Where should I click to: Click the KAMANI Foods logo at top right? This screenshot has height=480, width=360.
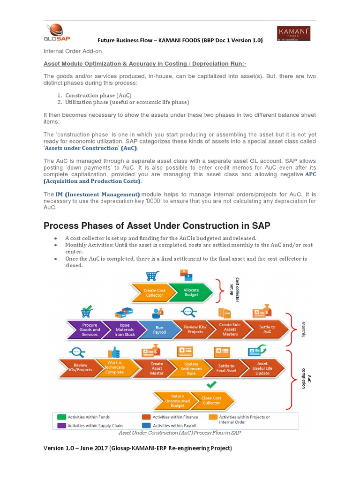tap(294, 33)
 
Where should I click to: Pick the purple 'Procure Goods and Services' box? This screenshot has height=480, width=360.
tap(90, 330)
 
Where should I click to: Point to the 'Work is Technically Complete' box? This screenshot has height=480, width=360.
tap(114, 367)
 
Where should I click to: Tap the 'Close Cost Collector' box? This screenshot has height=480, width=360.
tap(211, 400)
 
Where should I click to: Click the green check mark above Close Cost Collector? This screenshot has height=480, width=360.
tap(211, 385)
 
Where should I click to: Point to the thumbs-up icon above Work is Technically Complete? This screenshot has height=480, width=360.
tap(114, 352)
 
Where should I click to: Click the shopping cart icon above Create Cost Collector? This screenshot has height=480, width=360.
tap(151, 276)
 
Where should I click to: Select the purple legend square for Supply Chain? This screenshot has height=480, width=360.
tap(61, 426)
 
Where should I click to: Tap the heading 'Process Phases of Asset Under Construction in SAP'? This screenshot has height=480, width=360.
tap(157, 226)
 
